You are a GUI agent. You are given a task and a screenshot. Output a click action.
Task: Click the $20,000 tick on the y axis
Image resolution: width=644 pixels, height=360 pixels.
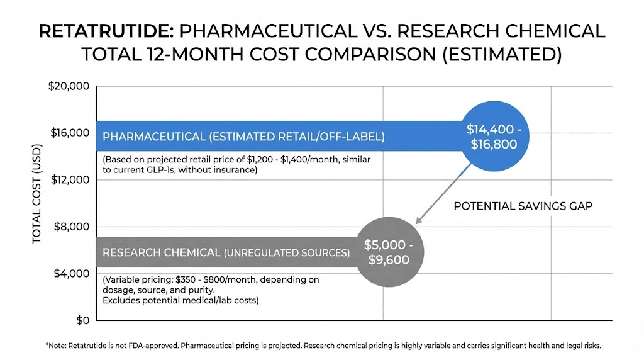69,86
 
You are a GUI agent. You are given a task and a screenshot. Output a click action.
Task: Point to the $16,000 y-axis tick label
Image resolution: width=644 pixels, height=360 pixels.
69,133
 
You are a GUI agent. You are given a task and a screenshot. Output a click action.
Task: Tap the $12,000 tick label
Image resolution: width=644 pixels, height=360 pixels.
69,180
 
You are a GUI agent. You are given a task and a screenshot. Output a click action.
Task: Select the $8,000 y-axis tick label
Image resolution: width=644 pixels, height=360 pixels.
71,227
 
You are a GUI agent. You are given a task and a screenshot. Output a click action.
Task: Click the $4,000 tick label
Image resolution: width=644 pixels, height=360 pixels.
71,273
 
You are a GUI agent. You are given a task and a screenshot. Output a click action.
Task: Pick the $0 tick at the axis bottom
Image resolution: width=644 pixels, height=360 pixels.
80,320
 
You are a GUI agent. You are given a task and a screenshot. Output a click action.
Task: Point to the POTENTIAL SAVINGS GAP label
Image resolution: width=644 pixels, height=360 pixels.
523,206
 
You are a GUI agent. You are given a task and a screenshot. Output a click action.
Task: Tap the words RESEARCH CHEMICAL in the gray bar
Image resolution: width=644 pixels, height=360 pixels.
161,252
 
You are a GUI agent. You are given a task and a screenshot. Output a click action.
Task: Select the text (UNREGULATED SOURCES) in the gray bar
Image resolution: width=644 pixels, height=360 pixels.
287,253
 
